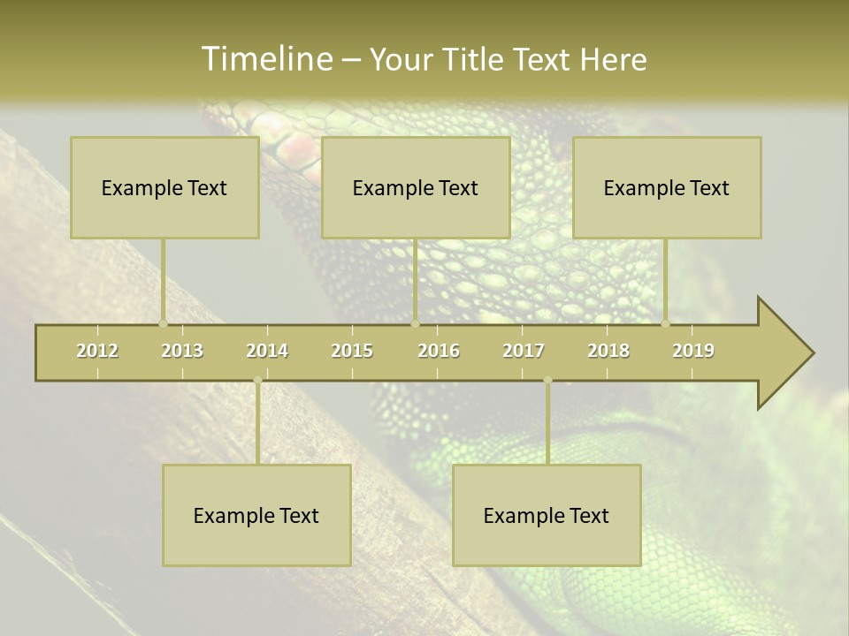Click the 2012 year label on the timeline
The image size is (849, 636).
coord(97,351)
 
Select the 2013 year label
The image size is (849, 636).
coord(182,351)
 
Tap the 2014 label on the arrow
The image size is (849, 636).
coord(267,351)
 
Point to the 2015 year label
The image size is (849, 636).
coord(352,351)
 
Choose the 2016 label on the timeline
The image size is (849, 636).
coord(439,351)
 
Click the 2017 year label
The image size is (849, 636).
coord(524,351)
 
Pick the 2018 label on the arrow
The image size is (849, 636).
coord(608,351)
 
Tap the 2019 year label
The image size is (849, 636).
coord(693,351)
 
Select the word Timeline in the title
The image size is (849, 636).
coord(265,59)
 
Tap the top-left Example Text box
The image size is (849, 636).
coord(164,187)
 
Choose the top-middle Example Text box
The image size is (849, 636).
coord(416,187)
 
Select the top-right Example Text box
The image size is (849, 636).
coord(667,187)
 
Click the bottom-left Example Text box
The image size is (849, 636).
coord(256,515)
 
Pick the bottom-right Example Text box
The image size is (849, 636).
coord(547,515)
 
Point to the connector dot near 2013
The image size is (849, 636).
coord(163,323)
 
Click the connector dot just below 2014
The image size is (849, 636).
coord(257,380)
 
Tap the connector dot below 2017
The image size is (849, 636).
coord(547,380)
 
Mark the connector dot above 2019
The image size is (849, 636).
coord(665,323)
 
